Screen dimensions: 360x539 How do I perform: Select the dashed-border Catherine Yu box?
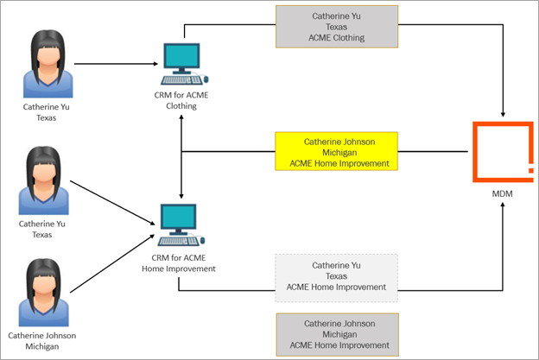point(336,276)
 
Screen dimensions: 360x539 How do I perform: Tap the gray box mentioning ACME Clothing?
point(336,27)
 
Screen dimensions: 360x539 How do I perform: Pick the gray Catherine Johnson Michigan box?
point(336,334)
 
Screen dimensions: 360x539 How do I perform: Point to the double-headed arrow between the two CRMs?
point(181,155)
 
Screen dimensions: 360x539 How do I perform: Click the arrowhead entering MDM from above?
point(504,113)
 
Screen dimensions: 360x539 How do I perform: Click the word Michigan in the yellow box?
point(338,151)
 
